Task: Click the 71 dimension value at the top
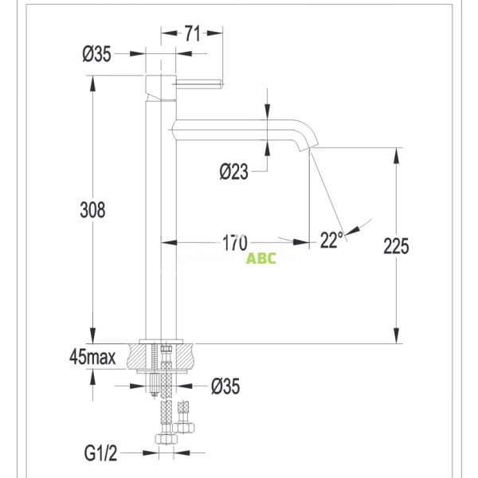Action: coord(191,33)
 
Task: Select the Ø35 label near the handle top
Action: coord(96,54)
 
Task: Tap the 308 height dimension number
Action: coord(93,210)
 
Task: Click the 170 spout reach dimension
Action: coord(235,241)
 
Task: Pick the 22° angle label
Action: coord(331,239)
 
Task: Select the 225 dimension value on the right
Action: coord(396,245)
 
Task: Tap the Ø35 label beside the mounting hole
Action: coord(225,386)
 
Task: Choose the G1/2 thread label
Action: coord(100,454)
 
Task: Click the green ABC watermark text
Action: coord(261,259)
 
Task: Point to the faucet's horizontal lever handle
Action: coord(199,83)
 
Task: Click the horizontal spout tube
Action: coord(231,127)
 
